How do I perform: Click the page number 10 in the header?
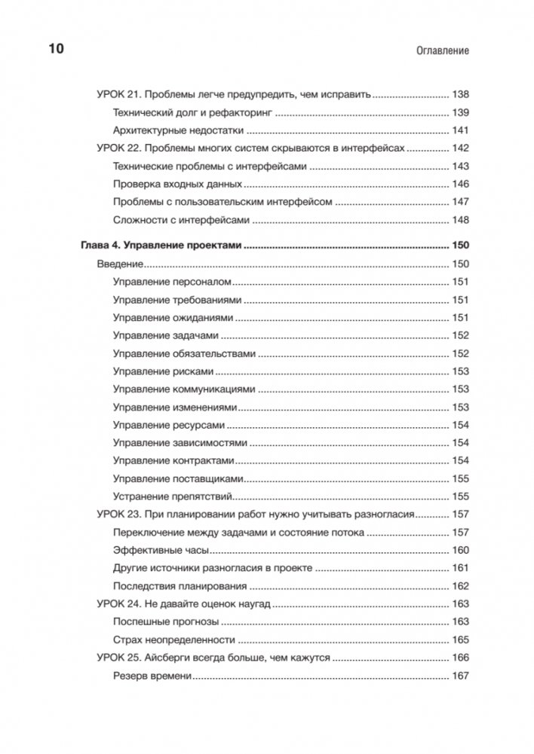click(57, 50)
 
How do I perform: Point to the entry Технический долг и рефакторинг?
click(192, 112)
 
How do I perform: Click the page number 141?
click(460, 130)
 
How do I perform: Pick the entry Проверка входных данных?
click(177, 183)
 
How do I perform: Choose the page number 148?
click(460, 220)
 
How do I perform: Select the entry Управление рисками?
click(163, 371)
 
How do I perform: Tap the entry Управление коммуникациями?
click(184, 389)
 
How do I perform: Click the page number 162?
click(460, 586)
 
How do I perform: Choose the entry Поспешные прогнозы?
click(166, 621)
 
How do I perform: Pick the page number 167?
click(460, 676)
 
